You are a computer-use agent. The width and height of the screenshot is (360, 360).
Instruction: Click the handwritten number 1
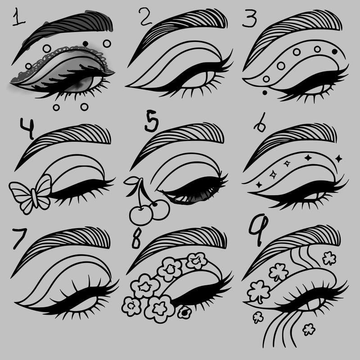click(x=18, y=17)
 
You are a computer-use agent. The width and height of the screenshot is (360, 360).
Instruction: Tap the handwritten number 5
click(x=152, y=121)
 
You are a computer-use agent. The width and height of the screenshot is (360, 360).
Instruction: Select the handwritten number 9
click(x=259, y=229)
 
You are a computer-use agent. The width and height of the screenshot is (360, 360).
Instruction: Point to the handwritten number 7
click(x=19, y=238)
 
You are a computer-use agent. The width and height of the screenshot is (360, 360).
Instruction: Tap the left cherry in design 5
click(x=141, y=215)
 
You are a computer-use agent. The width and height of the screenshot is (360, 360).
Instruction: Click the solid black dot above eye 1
click(x=85, y=43)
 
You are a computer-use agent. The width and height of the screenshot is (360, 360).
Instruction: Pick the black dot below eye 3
click(x=265, y=93)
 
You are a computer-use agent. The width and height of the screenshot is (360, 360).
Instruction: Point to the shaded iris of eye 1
click(x=81, y=85)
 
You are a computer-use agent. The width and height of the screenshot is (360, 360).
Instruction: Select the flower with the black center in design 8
click(x=184, y=312)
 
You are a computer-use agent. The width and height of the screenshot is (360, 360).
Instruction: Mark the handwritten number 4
click(x=27, y=128)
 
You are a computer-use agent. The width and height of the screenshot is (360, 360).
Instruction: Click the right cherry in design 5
click(x=160, y=209)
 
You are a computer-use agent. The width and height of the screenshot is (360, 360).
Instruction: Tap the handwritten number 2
click(x=145, y=16)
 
